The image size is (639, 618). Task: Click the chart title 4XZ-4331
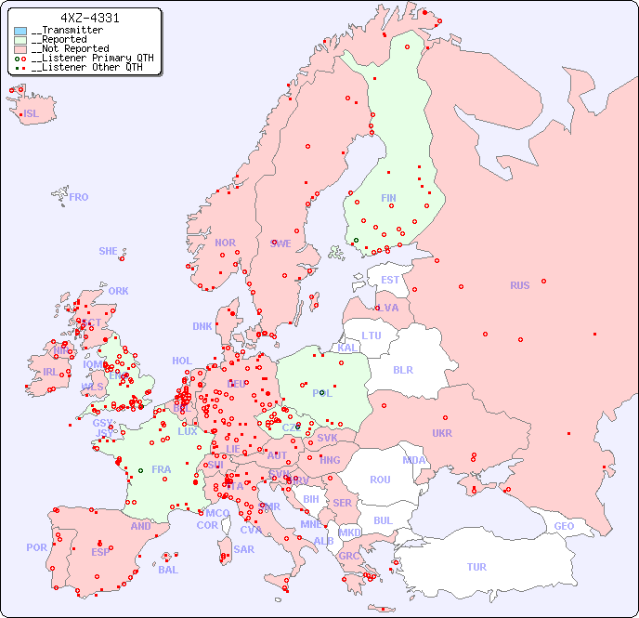pyautogui.click(x=89, y=18)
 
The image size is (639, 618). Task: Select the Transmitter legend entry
pyautogui.click(x=71, y=31)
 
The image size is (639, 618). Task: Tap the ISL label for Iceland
pyautogui.click(x=32, y=114)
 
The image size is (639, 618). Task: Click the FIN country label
pyautogui.click(x=388, y=198)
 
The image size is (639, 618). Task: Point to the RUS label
pyautogui.click(x=519, y=285)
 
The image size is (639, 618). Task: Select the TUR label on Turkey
pyautogui.click(x=476, y=567)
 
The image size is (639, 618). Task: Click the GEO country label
pyautogui.click(x=564, y=526)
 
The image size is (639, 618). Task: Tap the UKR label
pyautogui.click(x=442, y=433)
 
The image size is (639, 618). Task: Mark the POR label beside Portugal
pyautogui.click(x=36, y=547)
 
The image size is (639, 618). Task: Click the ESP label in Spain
pyautogui.click(x=100, y=551)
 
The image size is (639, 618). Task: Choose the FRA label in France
pyautogui.click(x=162, y=469)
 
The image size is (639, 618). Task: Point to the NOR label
pyautogui.click(x=225, y=243)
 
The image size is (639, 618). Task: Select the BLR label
pyautogui.click(x=402, y=369)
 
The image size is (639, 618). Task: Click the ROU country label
pyautogui.click(x=380, y=480)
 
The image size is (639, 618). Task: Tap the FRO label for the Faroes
pyautogui.click(x=79, y=197)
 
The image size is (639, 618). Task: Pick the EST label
pyautogui.click(x=390, y=280)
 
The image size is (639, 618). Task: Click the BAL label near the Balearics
pyautogui.click(x=168, y=570)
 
